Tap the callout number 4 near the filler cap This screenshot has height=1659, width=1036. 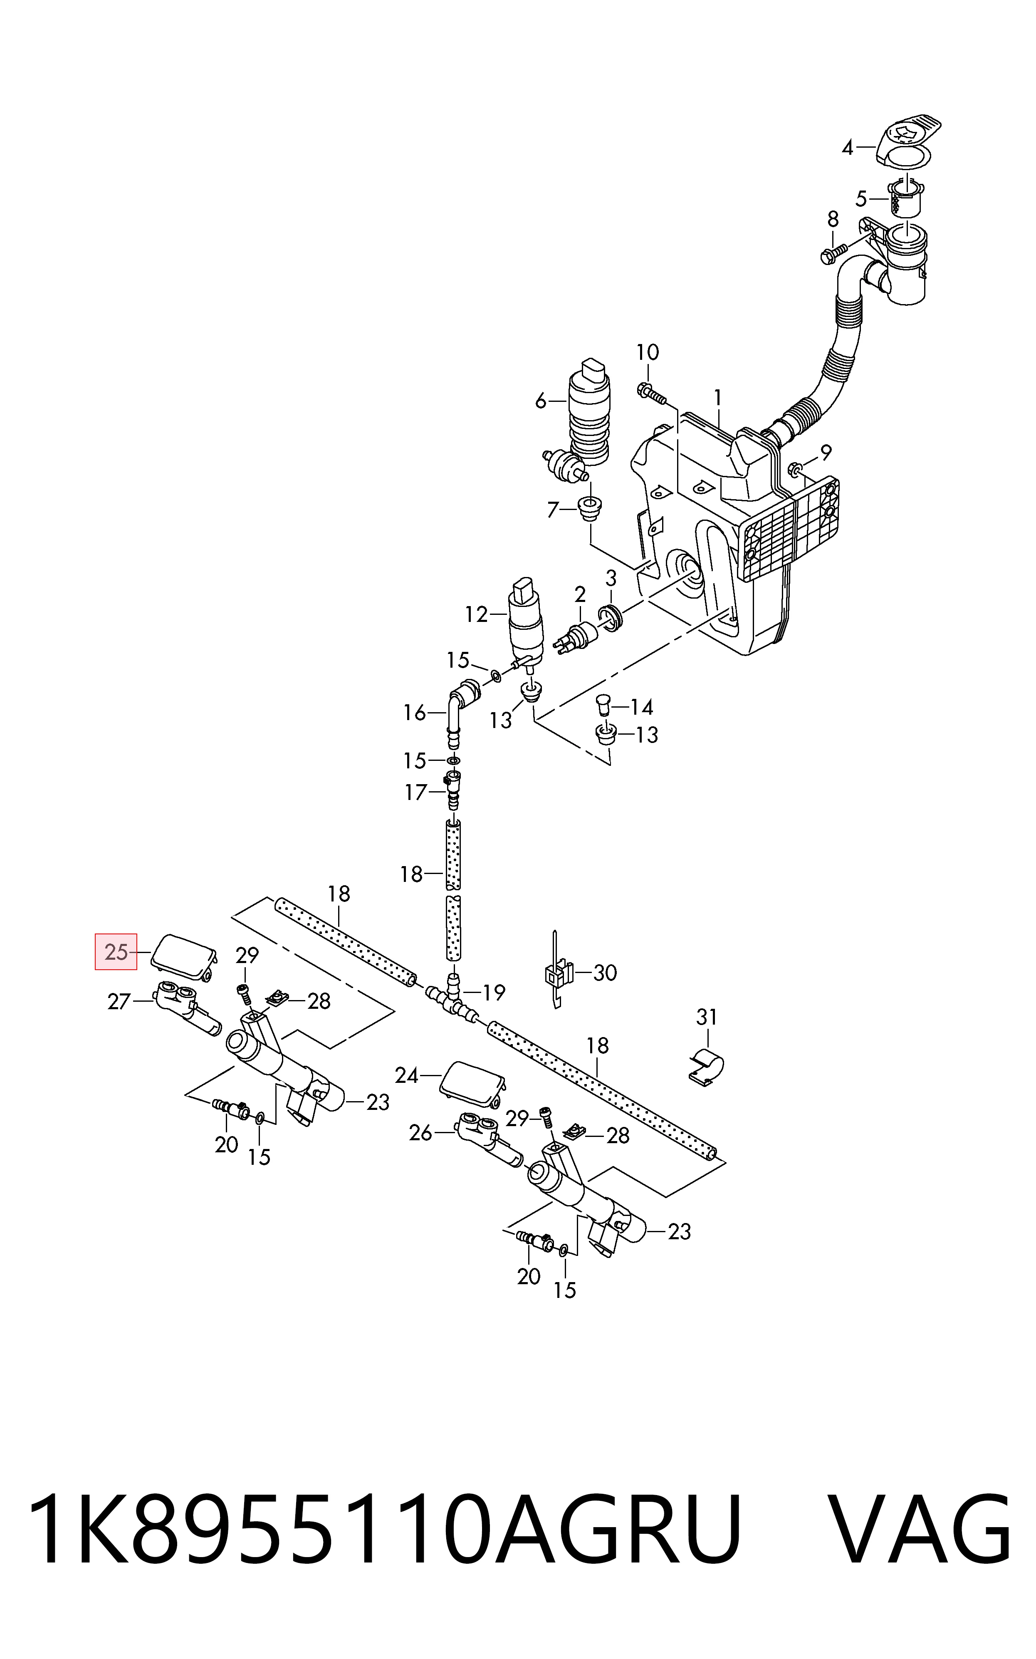pyautogui.click(x=848, y=147)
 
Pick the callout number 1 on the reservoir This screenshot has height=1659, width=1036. pyautogui.click(x=717, y=397)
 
